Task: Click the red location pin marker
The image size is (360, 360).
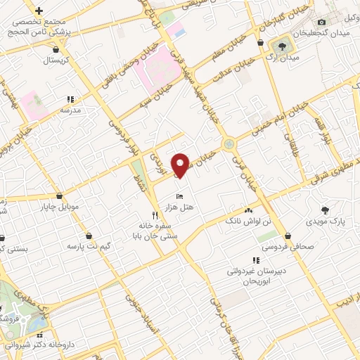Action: (181, 164)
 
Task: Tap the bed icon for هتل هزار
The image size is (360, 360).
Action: (181, 195)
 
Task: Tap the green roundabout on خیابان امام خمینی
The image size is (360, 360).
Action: (229, 144)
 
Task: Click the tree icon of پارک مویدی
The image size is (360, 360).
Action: (325, 209)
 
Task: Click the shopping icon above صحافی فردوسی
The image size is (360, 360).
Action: (287, 235)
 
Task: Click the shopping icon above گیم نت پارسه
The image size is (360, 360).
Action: (89, 235)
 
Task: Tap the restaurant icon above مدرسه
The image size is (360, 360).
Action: (70, 99)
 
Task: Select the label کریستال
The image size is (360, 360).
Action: (55, 60)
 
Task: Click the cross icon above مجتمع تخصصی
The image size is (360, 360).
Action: (39, 11)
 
